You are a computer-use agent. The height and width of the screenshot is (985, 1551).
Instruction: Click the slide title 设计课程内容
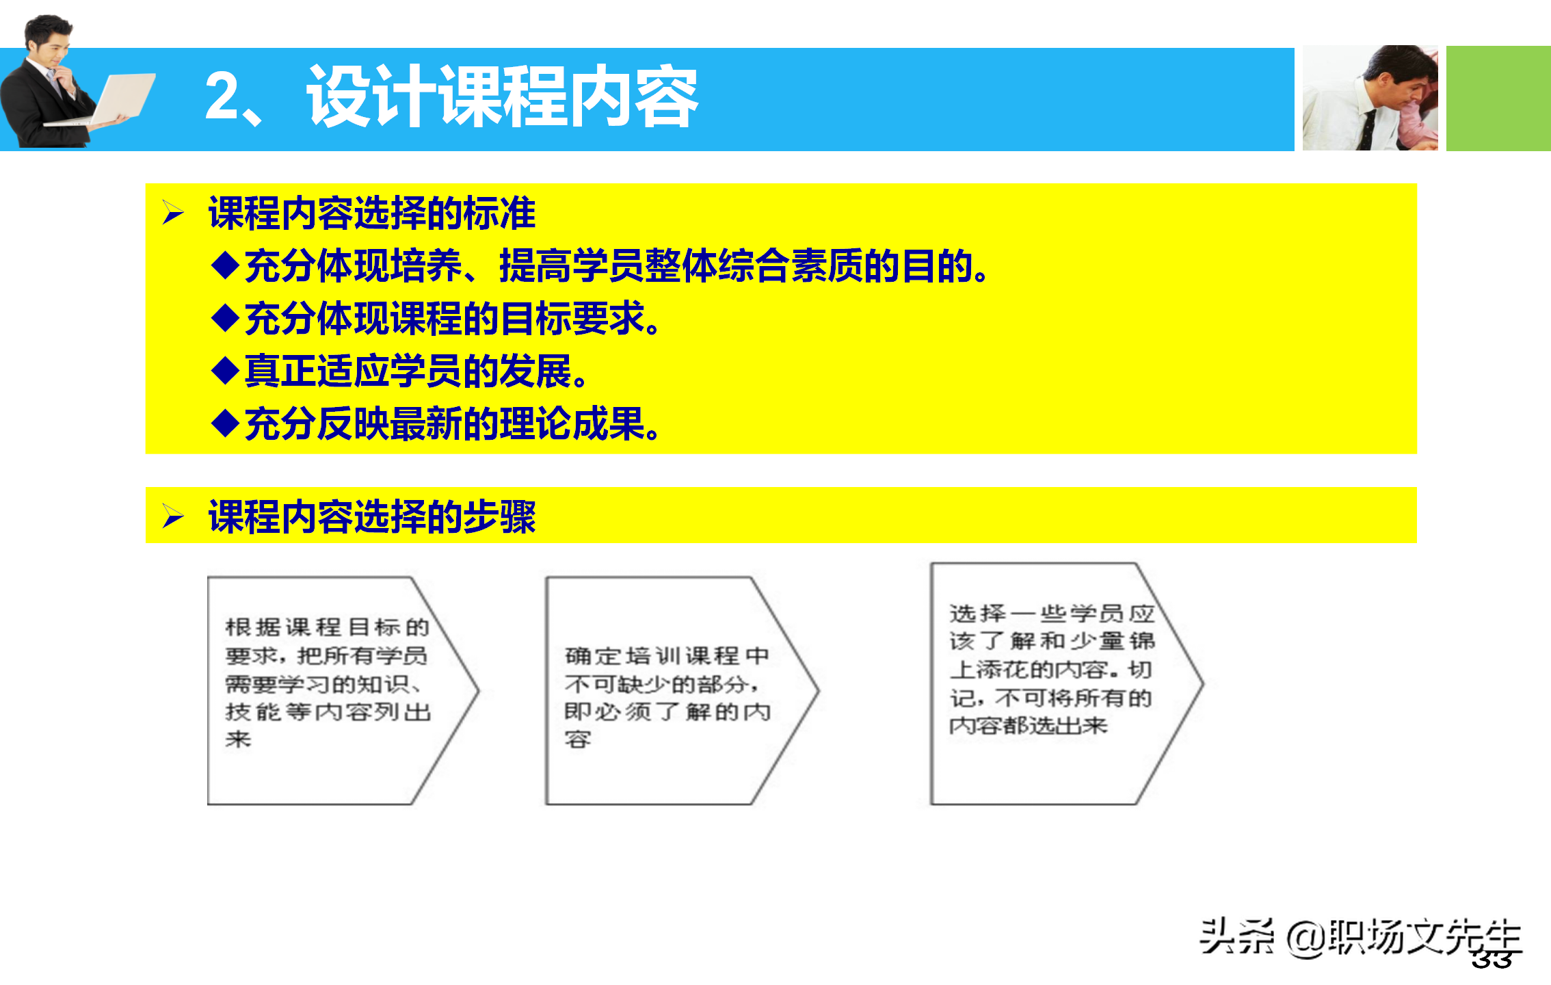coord(503,97)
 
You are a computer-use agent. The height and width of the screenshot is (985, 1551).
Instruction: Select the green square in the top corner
coord(1498,98)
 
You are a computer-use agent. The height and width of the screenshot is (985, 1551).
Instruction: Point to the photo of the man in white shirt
coord(1370,98)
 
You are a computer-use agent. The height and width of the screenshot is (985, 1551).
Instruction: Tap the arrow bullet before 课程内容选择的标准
coord(173,213)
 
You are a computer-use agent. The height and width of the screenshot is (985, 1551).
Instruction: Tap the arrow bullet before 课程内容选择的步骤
coord(173,516)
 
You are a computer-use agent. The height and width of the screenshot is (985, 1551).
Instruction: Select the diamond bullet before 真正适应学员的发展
coord(225,371)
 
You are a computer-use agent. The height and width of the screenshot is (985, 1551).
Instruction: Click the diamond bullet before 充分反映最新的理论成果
coord(225,423)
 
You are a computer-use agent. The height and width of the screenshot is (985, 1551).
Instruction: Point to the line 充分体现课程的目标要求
coord(451,319)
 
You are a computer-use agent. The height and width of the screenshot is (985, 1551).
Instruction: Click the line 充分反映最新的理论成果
coord(451,423)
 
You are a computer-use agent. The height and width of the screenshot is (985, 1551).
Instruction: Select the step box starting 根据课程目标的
coord(328,689)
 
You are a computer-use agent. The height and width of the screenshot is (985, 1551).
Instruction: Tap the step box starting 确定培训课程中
coord(667,691)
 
